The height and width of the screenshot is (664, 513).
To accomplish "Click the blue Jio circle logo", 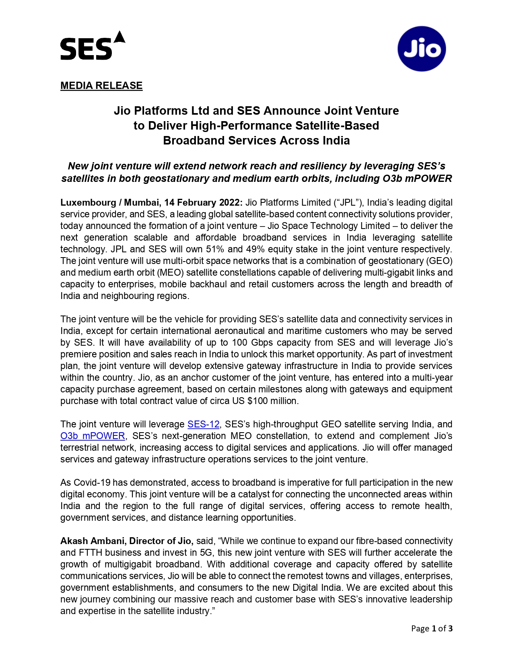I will click(x=421, y=49).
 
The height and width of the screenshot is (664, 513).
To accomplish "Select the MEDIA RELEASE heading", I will click(x=101, y=86).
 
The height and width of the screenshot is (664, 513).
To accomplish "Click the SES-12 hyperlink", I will click(x=203, y=424).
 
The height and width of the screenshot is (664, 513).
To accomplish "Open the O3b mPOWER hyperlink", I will click(x=93, y=436).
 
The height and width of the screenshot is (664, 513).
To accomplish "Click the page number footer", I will click(x=431, y=628).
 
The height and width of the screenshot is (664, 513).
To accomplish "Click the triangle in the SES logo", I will click(x=119, y=37).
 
